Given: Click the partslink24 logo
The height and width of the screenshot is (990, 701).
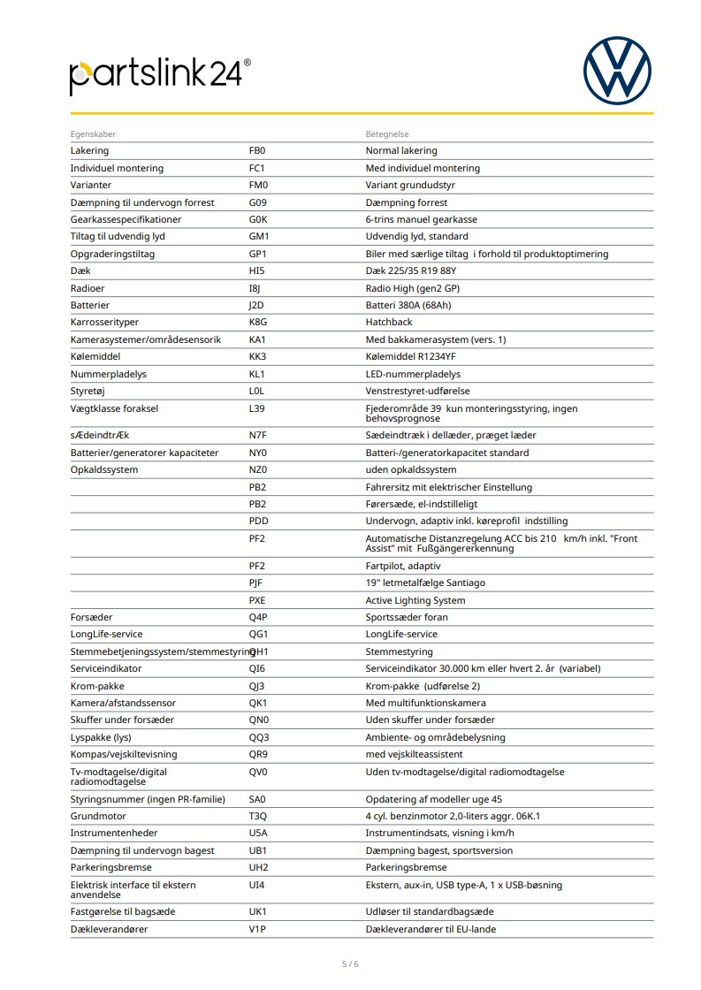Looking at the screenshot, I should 160,76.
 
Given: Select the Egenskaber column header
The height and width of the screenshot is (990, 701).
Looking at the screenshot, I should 94,134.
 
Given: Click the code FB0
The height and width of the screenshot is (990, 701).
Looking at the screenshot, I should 257,151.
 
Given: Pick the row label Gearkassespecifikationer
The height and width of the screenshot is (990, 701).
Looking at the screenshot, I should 126,219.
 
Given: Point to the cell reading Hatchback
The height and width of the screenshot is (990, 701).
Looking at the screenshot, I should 389,323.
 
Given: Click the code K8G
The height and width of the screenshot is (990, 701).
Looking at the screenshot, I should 258,323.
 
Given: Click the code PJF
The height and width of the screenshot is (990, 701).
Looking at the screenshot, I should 256,583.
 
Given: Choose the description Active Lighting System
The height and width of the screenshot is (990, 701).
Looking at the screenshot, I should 415,600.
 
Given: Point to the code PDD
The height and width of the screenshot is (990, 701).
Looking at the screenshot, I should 258,522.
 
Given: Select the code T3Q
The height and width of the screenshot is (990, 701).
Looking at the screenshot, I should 258,816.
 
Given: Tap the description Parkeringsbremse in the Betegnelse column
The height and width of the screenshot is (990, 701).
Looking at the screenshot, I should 406,868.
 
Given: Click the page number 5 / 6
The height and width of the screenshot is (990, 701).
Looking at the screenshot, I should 350,963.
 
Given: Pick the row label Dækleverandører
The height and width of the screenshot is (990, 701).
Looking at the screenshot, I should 110,929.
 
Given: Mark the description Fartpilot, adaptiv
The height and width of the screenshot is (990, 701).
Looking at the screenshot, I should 403,566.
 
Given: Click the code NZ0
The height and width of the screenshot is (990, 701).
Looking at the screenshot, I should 258,470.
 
